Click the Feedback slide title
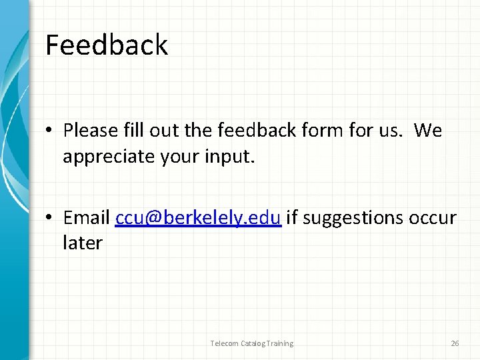[x=107, y=45]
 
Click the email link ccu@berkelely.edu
[x=198, y=218]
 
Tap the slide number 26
[x=455, y=343]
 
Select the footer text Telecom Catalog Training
[x=251, y=343]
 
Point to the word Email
[x=87, y=218]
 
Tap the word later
[x=82, y=243]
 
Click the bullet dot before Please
[x=51, y=131]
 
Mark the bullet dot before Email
[x=51, y=219]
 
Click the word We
[x=427, y=131]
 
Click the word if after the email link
[x=291, y=218]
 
